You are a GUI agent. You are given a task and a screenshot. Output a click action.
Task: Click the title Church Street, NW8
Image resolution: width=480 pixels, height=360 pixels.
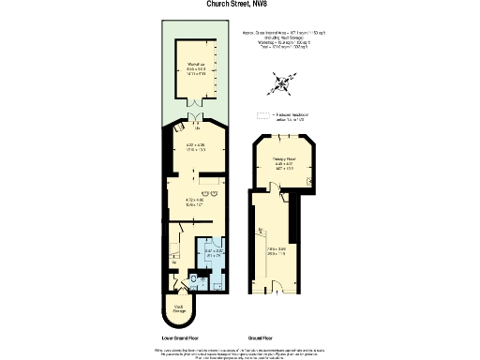click(240, 4)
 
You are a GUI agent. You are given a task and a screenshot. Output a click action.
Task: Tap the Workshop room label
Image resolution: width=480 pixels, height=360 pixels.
click(196, 66)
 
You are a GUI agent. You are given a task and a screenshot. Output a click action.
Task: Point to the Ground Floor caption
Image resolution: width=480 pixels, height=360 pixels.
click(269, 336)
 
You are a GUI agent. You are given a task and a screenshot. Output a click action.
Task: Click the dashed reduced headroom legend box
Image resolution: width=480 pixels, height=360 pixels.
click(262, 116)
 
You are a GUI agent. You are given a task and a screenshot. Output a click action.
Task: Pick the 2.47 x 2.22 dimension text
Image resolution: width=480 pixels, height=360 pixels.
click(214, 252)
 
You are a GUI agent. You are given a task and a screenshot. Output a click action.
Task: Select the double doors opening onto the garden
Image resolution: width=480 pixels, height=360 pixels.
click(196, 117)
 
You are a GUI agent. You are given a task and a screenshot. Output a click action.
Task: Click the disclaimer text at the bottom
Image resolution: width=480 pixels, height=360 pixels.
click(240, 352)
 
